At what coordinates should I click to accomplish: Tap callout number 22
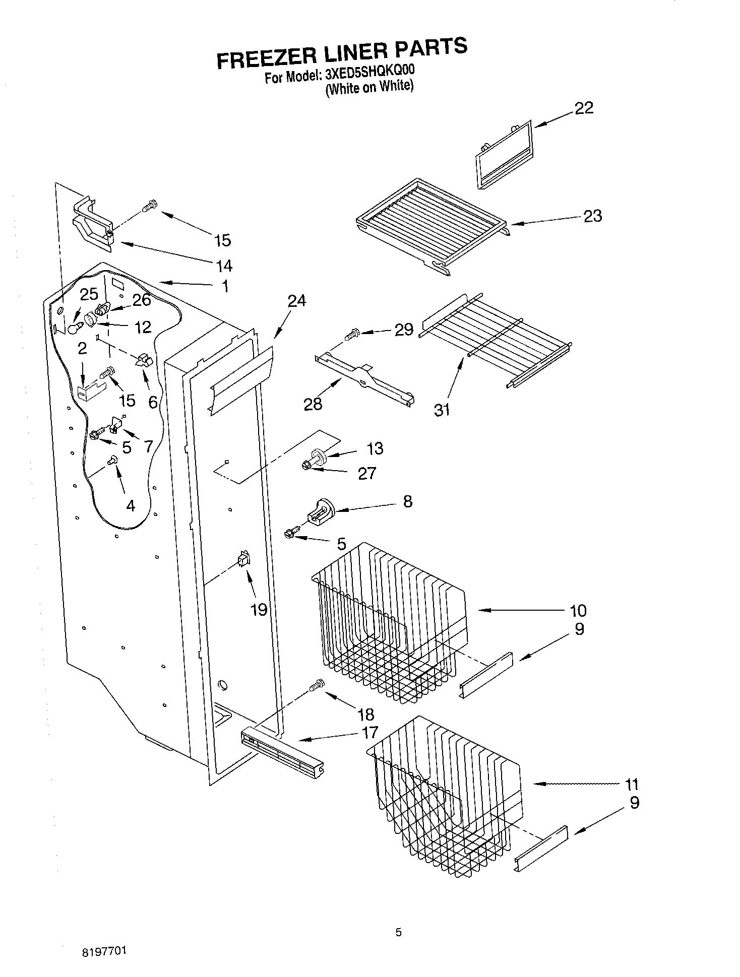click(x=584, y=108)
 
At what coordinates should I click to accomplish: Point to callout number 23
click(x=592, y=216)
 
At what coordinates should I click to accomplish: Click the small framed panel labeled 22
click(x=504, y=155)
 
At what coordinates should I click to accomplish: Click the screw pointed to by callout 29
click(x=352, y=333)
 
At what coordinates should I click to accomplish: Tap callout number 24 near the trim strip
click(x=296, y=301)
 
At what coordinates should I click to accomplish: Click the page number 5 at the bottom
click(x=398, y=932)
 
